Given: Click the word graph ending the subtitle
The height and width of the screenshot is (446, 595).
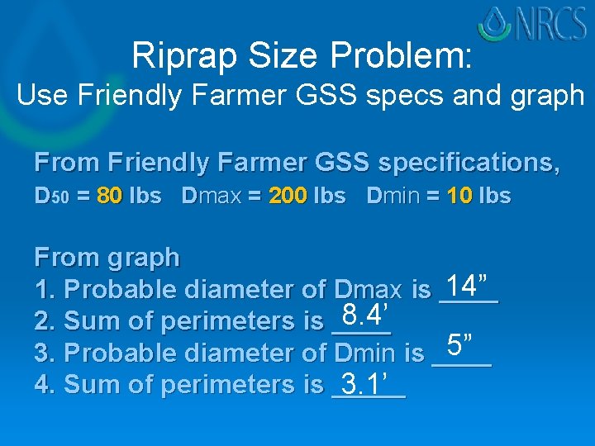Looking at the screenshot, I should point(546,97).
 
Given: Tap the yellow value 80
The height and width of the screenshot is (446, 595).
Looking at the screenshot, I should point(110,197).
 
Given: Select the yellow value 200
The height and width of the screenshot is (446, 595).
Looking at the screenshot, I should point(286,197).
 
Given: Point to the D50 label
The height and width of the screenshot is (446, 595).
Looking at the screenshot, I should point(49,197).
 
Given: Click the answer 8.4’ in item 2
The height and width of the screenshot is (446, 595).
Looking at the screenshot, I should point(359,315).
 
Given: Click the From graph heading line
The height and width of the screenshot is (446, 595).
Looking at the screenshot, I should point(107,258).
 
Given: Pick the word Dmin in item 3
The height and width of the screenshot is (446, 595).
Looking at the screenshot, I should point(367,353).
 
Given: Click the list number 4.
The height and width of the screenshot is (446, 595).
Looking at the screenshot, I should point(42,384).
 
